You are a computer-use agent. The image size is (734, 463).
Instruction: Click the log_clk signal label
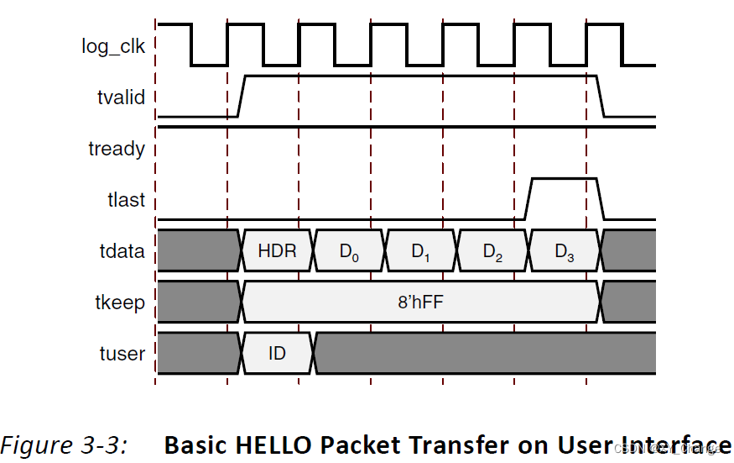pyautogui.click(x=113, y=46)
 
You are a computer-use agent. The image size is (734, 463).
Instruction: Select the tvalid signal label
pyautogui.click(x=121, y=97)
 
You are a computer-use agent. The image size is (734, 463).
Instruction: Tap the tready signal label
pyautogui.click(x=117, y=150)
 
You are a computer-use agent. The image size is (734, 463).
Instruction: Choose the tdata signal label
pyautogui.click(x=122, y=251)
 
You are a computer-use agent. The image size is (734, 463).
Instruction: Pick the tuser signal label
pyautogui.click(x=122, y=354)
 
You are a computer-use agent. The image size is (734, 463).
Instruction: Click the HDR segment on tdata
pyautogui.click(x=277, y=251)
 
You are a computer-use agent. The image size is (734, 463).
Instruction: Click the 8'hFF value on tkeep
pyautogui.click(x=420, y=303)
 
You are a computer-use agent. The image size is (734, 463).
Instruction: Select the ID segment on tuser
pyautogui.click(x=277, y=354)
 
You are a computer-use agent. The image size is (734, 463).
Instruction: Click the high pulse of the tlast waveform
pyautogui.click(x=564, y=179)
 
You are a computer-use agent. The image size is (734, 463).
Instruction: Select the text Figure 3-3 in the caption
pyautogui.click(x=64, y=445)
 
